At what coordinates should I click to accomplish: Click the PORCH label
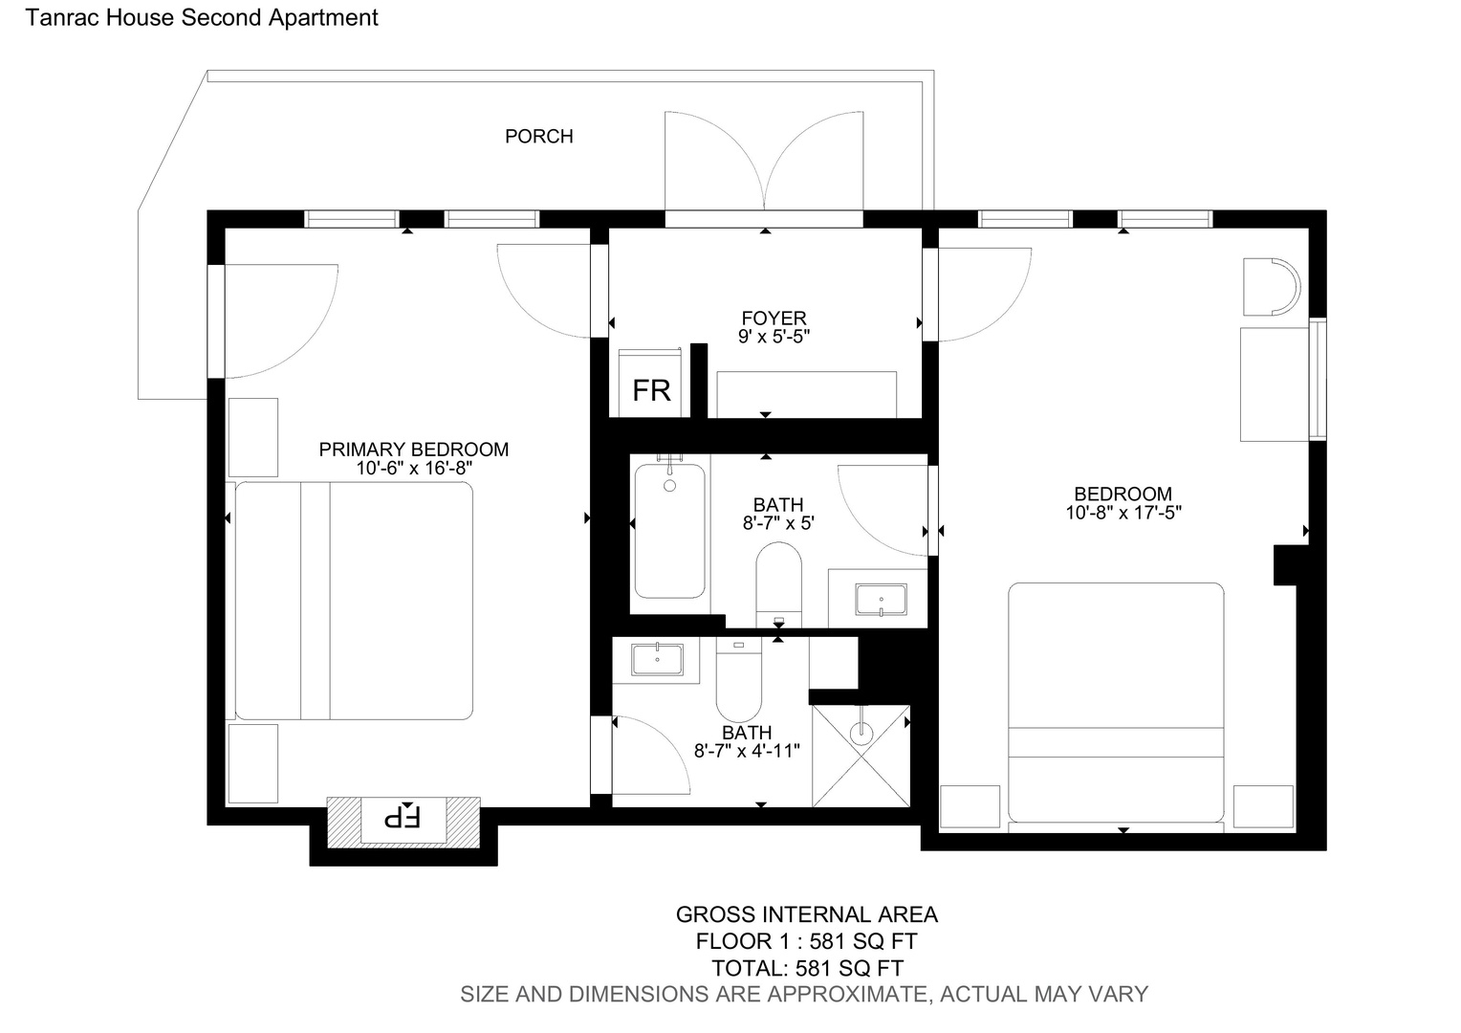538,137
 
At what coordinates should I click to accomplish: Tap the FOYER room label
774,318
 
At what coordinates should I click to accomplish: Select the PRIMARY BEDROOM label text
413,450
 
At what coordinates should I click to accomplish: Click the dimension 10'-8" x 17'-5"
1123,513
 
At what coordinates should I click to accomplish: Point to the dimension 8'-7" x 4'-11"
747,751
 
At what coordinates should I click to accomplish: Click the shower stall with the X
861,756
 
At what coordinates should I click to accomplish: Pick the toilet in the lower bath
739,679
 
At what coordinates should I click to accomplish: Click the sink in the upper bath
882,600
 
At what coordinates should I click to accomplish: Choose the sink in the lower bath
657,659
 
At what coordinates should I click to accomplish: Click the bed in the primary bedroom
354,601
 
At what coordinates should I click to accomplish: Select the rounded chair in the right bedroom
1271,287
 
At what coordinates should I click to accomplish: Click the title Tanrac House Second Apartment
202,17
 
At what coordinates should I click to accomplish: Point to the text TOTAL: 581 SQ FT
807,968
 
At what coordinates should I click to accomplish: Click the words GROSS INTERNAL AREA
807,915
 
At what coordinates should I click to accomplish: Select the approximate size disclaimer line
804,995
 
